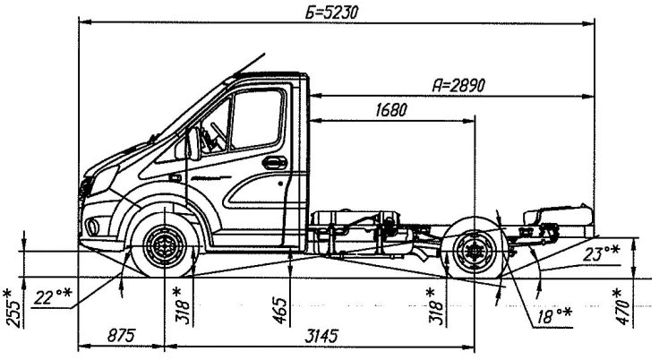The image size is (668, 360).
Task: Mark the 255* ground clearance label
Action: [12, 307]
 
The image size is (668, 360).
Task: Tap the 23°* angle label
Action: [600, 253]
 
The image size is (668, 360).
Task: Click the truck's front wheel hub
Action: [163, 244]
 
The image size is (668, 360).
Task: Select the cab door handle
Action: [275, 163]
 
